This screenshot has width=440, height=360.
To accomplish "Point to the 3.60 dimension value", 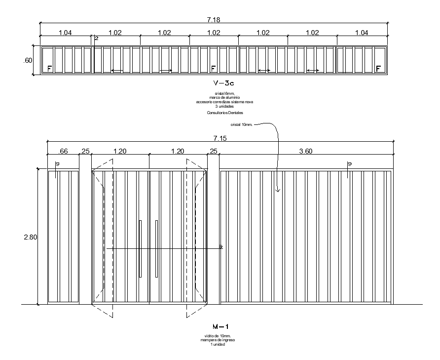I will pos(306,151).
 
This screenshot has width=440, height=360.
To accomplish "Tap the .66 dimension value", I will pos(63,151).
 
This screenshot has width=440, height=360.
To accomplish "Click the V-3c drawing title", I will pos(214,83).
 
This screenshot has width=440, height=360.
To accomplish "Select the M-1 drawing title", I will pos(214,326).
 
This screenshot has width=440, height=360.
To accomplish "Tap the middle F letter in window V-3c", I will pos(213,68).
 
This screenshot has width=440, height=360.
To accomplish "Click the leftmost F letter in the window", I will pos(49,68).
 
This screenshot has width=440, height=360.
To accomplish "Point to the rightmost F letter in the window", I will pos(378,68).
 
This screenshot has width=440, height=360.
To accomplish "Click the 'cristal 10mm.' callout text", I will pos(241,125).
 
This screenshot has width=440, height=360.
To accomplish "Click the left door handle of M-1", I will pos(140,248).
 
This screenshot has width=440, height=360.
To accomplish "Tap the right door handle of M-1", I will pos(156,248).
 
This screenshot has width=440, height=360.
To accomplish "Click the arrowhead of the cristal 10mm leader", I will pos(278,191).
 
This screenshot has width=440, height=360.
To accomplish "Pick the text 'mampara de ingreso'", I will pos(214,340).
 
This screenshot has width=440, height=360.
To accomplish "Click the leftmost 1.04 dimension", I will pos(65,33).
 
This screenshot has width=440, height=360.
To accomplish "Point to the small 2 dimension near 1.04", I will pos(96,38).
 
